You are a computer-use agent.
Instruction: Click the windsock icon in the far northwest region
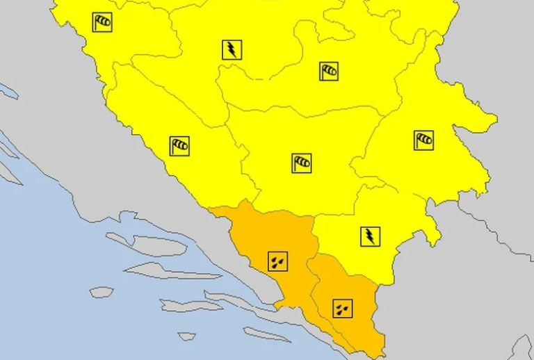point(102,22)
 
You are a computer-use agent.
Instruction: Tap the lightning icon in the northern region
point(232,49)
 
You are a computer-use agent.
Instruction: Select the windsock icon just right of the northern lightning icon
point(329,71)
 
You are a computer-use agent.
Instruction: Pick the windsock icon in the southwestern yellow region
point(179,146)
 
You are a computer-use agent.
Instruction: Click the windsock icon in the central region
point(302,163)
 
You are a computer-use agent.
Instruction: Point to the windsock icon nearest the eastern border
point(423,140)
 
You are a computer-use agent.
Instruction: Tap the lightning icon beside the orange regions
point(371,236)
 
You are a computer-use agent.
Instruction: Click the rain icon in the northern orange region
point(277,261)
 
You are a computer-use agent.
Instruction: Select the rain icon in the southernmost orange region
point(342,309)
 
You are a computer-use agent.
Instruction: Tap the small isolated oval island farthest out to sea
point(102,292)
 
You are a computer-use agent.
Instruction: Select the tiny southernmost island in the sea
point(186,336)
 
